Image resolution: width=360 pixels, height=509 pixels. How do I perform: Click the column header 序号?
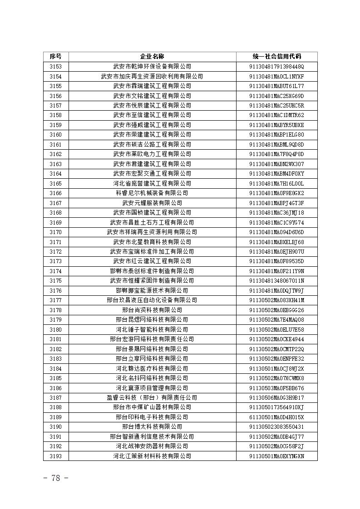(x=55, y=57)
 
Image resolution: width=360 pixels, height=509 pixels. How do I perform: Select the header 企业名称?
(x=152, y=57)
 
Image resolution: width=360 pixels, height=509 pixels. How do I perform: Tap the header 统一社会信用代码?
(x=276, y=57)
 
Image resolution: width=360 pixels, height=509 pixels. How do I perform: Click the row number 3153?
(x=55, y=67)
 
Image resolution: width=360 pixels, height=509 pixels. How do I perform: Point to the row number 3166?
(x=55, y=193)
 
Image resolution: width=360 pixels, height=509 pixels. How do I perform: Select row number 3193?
(x=55, y=456)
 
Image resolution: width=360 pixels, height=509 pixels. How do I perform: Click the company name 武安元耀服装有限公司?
(x=152, y=203)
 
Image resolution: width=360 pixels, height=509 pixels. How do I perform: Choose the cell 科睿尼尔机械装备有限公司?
(x=152, y=193)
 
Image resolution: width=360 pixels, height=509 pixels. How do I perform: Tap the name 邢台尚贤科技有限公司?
(x=152, y=310)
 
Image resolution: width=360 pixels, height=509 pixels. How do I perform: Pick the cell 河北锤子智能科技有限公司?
(x=152, y=329)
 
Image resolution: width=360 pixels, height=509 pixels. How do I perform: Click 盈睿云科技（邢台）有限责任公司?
(x=152, y=397)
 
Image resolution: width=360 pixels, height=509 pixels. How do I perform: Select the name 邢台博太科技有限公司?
(x=152, y=427)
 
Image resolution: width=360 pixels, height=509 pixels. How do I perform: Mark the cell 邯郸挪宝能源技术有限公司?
(x=152, y=290)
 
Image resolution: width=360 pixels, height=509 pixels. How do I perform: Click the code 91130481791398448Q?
(x=276, y=67)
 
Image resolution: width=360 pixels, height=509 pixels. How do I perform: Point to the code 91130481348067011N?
(x=276, y=281)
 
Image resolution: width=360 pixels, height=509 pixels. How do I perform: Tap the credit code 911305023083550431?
(x=276, y=427)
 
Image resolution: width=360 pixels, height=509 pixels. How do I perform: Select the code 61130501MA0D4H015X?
(x=276, y=417)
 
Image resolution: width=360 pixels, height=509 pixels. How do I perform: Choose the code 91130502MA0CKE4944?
(x=276, y=339)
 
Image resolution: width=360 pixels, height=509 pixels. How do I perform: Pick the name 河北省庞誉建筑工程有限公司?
(x=152, y=183)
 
